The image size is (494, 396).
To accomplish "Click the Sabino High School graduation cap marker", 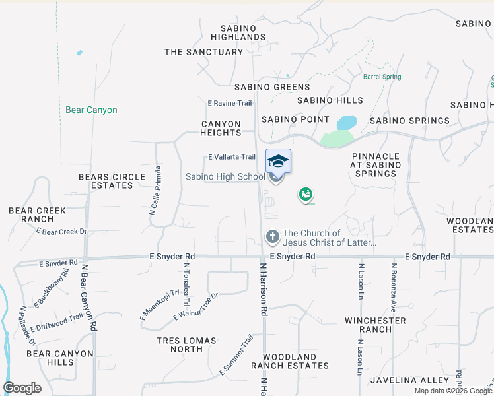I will pyautogui.click(x=278, y=162).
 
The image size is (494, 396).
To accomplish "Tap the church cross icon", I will pyautogui.click(x=272, y=236).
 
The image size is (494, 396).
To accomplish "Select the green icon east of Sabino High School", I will pyautogui.click(x=305, y=195).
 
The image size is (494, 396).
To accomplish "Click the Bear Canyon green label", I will pyautogui.click(x=91, y=110).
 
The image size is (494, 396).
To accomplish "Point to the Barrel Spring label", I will pyautogui.click(x=382, y=77).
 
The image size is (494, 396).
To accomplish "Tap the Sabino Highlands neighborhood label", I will pyautogui.click(x=238, y=32).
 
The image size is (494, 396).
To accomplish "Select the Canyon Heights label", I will pyautogui.click(x=221, y=128).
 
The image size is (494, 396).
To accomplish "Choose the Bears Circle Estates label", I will pyautogui.click(x=112, y=181).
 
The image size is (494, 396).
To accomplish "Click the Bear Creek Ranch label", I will pyautogui.click(x=37, y=214).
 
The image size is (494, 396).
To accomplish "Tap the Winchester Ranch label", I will pyautogui.click(x=376, y=325).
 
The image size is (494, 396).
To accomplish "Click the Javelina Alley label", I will pyautogui.click(x=400, y=380).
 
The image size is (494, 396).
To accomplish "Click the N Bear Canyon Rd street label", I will pyautogui.click(x=89, y=298).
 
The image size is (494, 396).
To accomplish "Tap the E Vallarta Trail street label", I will pyautogui.click(x=231, y=157).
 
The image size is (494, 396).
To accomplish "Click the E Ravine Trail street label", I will pyautogui.click(x=230, y=103).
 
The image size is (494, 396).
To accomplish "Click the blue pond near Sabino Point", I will pyautogui.click(x=346, y=123).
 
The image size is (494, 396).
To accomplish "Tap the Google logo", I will pyautogui.click(x=22, y=388).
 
